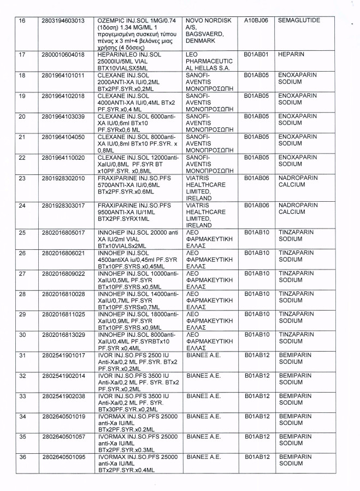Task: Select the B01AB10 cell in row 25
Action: pyautogui.click(x=257, y=232)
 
